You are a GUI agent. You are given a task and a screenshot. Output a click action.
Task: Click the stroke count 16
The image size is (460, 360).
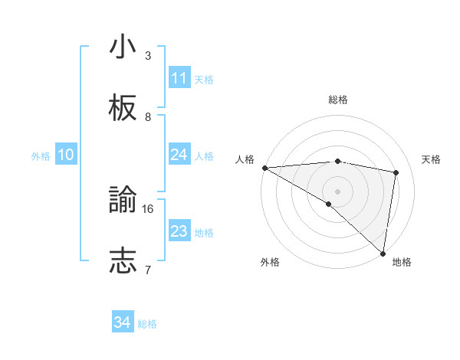[x=148, y=208]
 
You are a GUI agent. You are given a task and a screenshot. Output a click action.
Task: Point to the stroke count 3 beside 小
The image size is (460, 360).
[x=148, y=55]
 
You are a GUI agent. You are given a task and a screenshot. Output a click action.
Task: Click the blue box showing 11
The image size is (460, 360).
[x=179, y=78]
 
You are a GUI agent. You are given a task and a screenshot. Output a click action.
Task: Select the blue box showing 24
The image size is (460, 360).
[x=179, y=155]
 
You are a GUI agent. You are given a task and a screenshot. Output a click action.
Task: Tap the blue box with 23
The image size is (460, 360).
[x=179, y=231]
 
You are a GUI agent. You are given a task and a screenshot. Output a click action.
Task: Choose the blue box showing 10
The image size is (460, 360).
[x=66, y=155]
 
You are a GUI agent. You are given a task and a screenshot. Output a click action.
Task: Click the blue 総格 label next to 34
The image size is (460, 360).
[x=148, y=324]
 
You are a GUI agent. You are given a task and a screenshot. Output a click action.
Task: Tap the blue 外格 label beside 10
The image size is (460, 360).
[x=41, y=155]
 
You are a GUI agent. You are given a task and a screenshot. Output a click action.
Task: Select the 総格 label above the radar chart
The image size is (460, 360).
[x=338, y=100]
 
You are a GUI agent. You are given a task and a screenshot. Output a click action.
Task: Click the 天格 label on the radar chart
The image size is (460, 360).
[x=432, y=159]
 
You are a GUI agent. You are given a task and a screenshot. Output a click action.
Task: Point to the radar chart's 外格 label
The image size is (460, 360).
[x=270, y=262]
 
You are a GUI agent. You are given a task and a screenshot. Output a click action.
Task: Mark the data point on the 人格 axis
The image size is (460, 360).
[x=264, y=168]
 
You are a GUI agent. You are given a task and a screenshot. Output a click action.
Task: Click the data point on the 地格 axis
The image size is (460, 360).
[x=383, y=254]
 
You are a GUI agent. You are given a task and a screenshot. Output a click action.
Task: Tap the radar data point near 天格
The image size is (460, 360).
[x=396, y=172]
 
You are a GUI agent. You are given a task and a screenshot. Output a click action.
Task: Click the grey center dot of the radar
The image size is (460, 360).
[x=337, y=191]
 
